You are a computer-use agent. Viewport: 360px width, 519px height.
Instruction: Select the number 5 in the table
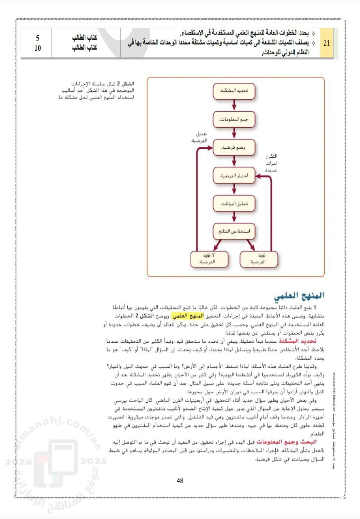(x=37, y=38)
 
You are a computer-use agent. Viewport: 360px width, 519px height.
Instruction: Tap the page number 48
(x=180, y=481)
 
